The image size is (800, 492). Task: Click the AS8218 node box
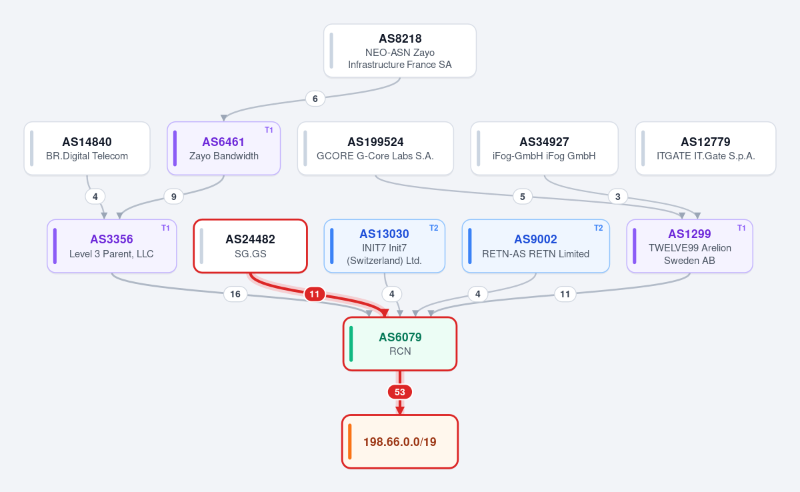(x=399, y=51)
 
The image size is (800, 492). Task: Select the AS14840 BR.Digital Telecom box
(x=87, y=149)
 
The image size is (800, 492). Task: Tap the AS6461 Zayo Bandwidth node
(x=223, y=149)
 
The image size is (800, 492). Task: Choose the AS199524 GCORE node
(x=375, y=149)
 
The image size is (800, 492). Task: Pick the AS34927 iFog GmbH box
(x=544, y=149)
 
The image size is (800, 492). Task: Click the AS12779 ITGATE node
(x=705, y=149)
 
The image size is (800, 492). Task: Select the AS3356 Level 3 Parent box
(x=112, y=246)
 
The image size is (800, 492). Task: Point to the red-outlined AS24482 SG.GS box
(x=251, y=246)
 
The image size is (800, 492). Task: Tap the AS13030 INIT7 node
(x=384, y=246)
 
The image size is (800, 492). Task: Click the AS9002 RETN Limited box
(x=536, y=246)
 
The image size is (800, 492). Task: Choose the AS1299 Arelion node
(x=689, y=246)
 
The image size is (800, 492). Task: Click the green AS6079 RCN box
(x=399, y=344)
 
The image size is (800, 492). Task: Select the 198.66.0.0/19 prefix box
(x=399, y=441)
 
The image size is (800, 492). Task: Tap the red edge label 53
(x=399, y=392)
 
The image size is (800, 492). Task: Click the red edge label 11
(x=314, y=294)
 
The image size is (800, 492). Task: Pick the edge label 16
(x=235, y=294)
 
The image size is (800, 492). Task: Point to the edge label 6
(x=315, y=99)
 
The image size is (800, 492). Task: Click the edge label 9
(x=173, y=197)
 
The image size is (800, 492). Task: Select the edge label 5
(x=522, y=197)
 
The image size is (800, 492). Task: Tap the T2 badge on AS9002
(x=598, y=228)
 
